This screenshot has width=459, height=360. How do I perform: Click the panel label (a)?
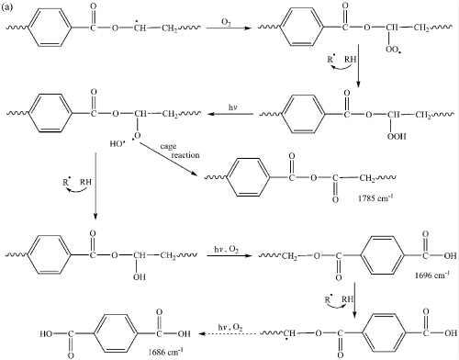tap(7, 7)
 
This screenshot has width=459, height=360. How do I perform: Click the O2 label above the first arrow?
tap(226, 23)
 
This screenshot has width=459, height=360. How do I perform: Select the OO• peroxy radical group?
tap(394, 50)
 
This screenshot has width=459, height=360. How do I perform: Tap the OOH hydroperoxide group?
tap(397, 136)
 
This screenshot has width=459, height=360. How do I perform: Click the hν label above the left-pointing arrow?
tap(233, 107)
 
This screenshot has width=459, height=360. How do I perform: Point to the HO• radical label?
tap(118, 143)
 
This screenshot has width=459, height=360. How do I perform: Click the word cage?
tap(168, 146)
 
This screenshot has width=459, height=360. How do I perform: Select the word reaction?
tap(185, 155)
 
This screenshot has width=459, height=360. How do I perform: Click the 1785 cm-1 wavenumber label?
tap(375, 198)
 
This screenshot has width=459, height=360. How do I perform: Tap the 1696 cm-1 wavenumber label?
tap(432, 275)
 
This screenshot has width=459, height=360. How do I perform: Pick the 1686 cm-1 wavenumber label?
tap(165, 352)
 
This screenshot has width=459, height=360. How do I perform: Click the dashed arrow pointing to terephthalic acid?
tap(227, 333)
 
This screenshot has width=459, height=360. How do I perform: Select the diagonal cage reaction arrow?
tap(168, 160)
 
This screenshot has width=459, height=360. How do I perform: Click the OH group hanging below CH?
tap(140, 277)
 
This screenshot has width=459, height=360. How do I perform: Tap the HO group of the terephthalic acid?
tap(46, 333)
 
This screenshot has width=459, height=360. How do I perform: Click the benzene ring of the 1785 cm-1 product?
tap(248, 177)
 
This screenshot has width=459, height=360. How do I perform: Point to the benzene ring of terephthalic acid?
tap(116, 333)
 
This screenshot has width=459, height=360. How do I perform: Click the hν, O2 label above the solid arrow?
tap(226, 250)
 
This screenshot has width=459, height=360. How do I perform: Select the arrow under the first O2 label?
tap(229, 28)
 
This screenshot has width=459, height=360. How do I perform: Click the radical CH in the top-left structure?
tap(140, 27)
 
